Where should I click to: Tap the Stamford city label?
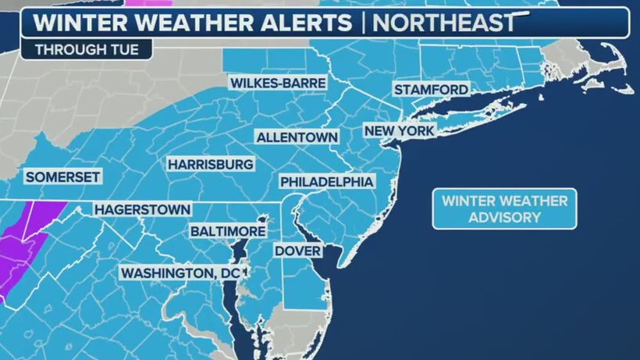point(431,90)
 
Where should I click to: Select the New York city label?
point(399,130)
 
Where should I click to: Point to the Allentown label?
point(297,137)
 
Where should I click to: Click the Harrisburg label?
point(210,165)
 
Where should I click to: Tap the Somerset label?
point(62,177)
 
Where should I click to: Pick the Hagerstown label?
point(142,209)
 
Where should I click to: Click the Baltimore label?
point(228,232)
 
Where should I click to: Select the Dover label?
point(297,251)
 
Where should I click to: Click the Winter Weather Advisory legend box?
point(504,209)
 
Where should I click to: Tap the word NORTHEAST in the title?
point(444,22)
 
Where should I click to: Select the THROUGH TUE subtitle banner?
point(87,50)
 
